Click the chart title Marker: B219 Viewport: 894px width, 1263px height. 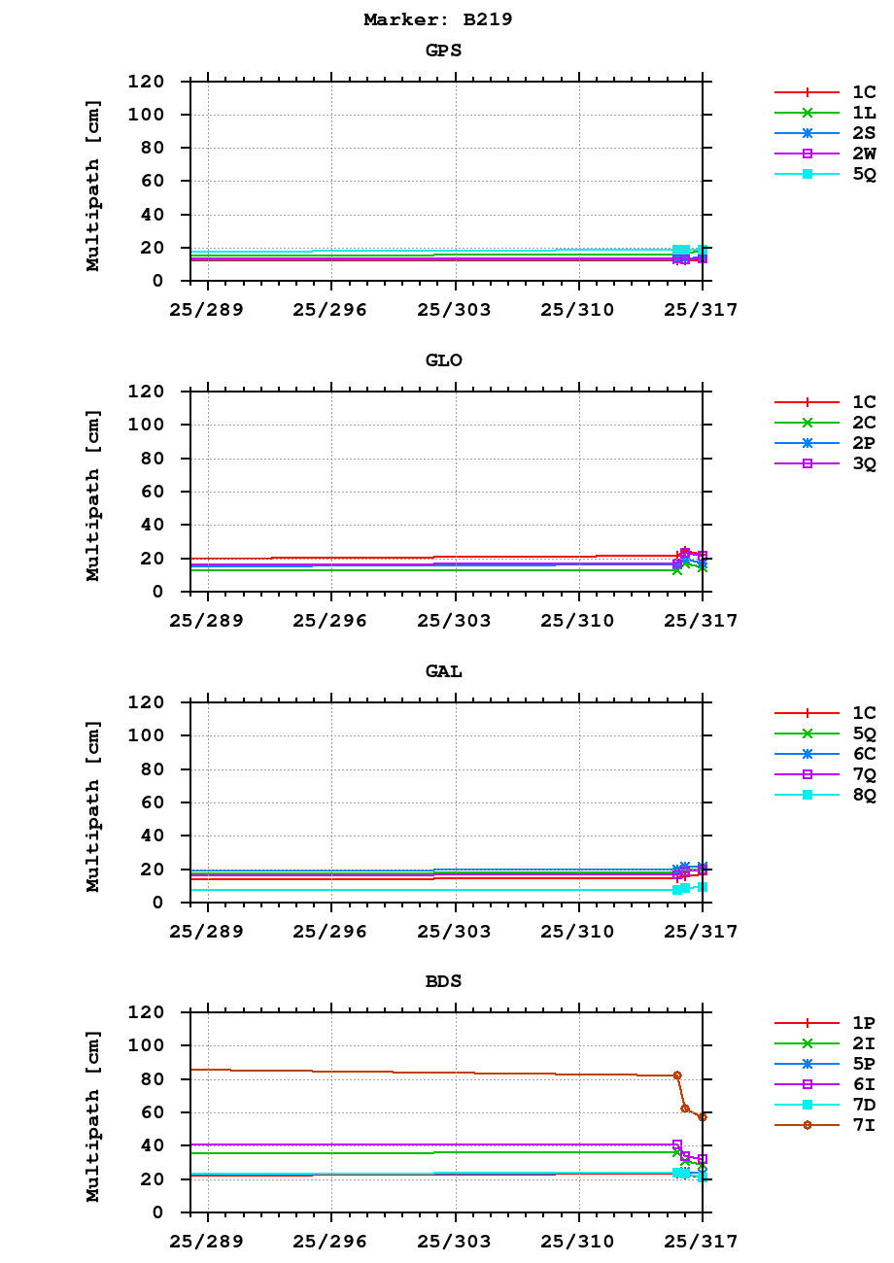pos(437,19)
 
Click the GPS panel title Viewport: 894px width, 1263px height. pos(443,51)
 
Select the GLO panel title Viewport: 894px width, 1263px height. pos(443,360)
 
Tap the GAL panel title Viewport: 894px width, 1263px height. pos(443,671)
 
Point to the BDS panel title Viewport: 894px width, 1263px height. pos(443,981)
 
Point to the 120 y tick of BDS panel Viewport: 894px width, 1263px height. pos(145,1012)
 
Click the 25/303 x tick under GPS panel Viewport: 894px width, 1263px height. pos(454,310)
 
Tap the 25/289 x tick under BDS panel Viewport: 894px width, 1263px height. pos(206,1242)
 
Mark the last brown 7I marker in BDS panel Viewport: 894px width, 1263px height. pos(702,1117)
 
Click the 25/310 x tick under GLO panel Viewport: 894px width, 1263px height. pos(578,621)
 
